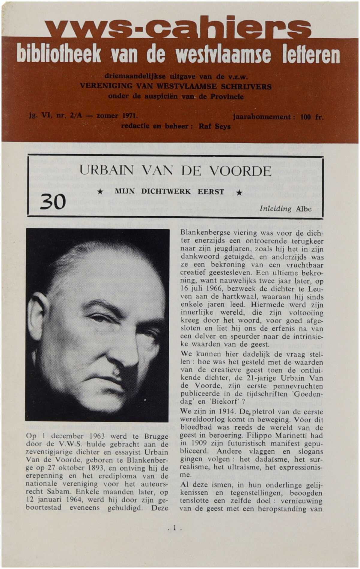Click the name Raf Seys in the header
click(x=215, y=126)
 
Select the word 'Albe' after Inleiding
click(x=303, y=209)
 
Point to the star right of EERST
click(x=239, y=192)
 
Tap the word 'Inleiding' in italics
click(x=275, y=209)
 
